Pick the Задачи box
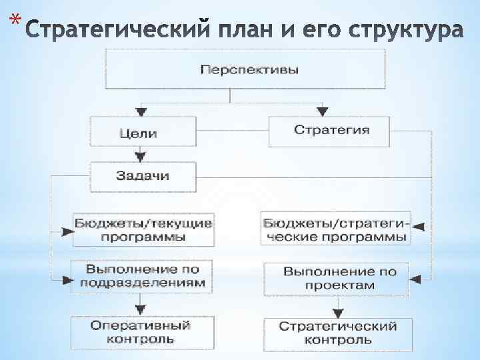tap(143, 176)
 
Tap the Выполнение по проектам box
tap(339, 278)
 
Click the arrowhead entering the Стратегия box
tap(321, 110)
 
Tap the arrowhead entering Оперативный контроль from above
tap(139, 310)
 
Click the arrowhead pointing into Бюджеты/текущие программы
tap(67, 231)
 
